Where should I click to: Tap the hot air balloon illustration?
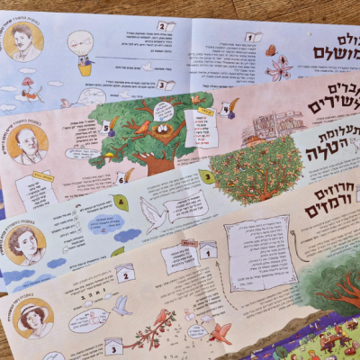coord(84,51)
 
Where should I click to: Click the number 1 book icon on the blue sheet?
coord(254,39)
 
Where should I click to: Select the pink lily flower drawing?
coord(279,68)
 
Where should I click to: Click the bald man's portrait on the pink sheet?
coord(29,143)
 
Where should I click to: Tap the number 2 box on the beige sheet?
coord(126,274)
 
